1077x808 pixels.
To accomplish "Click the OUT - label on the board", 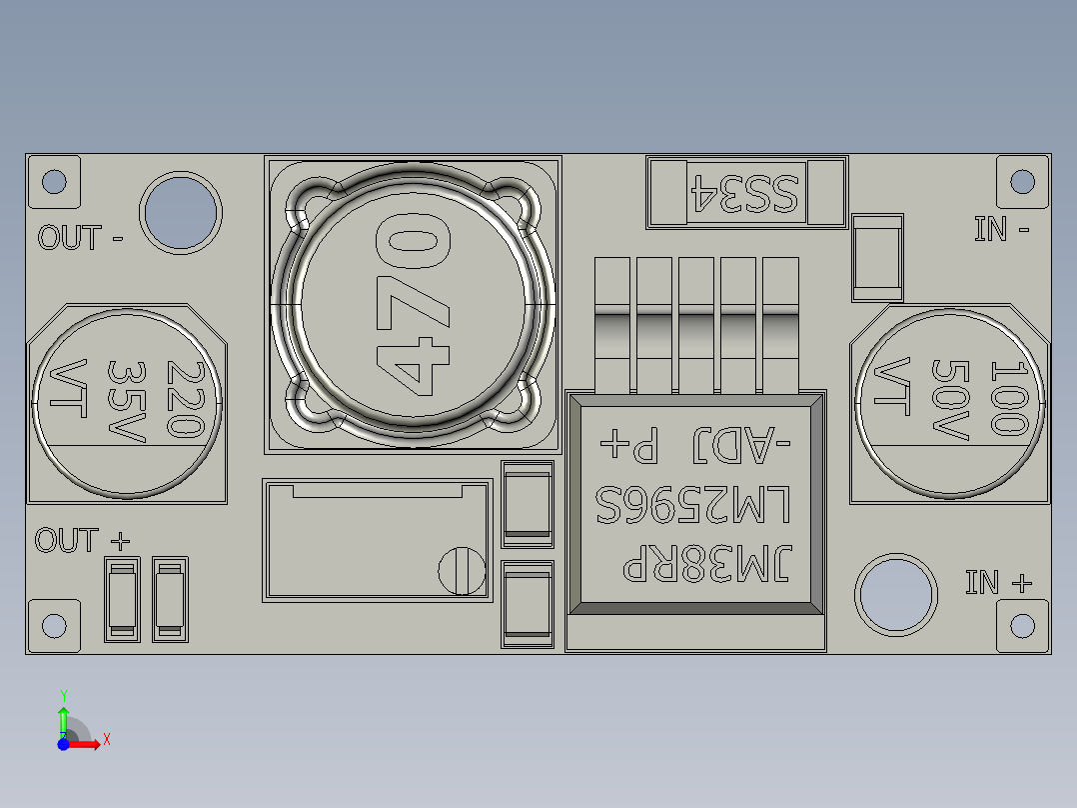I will coord(80,238).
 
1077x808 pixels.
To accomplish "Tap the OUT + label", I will coord(82,541).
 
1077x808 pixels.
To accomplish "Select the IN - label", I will coord(1002,229).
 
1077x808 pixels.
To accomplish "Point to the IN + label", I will coord(998,582).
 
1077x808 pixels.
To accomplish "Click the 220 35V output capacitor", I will coord(127,400).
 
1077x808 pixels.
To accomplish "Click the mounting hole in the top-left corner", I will coord(54,181).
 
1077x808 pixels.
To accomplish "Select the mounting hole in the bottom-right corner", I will coord(1022,625).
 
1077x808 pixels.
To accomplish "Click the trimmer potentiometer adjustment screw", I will coord(462,570).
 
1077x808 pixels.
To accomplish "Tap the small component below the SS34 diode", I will coord(877,256).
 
